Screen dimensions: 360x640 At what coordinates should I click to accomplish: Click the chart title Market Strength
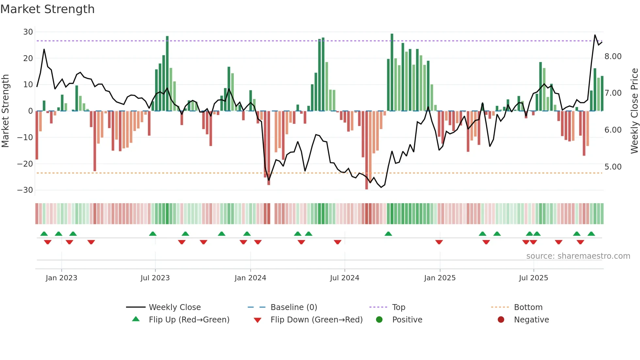47,9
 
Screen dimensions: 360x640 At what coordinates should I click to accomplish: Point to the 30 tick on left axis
28,32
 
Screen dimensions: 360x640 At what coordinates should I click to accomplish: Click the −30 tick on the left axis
25,190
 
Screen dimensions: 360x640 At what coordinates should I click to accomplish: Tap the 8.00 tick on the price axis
613,57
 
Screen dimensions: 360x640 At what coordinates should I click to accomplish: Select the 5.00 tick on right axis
613,167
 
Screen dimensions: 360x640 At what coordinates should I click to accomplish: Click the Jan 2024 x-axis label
250,278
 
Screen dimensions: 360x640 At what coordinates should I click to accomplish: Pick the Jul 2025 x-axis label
533,278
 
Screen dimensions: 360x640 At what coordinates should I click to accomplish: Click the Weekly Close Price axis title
634,111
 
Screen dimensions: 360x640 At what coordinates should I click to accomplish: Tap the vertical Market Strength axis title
6,111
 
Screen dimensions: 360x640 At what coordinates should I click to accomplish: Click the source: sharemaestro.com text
578,256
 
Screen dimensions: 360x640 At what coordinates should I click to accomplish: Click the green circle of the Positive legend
379,320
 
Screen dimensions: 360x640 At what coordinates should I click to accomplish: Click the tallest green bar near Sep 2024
392,72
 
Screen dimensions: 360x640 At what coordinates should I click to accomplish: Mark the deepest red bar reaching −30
366,150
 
